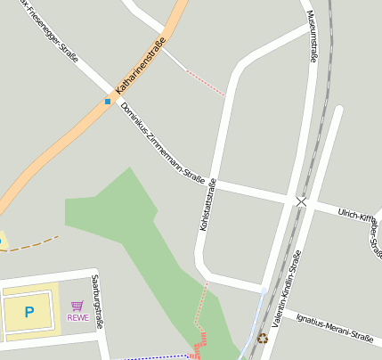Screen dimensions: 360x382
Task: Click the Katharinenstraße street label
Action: click(141, 66)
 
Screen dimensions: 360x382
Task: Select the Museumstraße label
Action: click(312, 37)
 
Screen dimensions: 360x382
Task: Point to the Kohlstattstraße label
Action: click(207, 206)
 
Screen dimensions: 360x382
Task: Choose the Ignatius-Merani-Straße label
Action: click(335, 327)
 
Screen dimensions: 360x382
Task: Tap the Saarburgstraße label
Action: click(96, 301)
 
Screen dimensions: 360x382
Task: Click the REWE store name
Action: click(77, 317)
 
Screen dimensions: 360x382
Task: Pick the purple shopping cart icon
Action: click(77, 306)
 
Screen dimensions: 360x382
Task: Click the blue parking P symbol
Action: click(29, 312)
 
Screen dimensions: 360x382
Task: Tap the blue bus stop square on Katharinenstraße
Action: click(108, 102)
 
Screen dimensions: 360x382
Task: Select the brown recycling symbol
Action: click(262, 338)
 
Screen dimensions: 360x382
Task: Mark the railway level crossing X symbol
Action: click(301, 202)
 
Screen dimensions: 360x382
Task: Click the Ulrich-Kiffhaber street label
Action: click(360, 216)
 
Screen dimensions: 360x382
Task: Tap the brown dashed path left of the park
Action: click(36, 242)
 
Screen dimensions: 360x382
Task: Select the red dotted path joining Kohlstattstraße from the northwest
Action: click(206, 81)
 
